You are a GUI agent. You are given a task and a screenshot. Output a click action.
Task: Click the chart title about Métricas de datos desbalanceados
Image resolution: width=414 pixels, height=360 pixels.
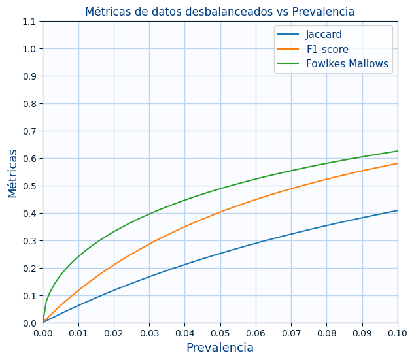tap(220, 12)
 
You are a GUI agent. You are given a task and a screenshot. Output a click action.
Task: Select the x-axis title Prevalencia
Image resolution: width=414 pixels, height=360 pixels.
tap(220, 348)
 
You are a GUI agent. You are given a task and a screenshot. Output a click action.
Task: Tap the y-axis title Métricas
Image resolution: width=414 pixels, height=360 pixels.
tap(13, 172)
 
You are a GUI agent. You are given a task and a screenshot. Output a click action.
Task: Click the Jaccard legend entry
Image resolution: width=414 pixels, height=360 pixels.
tap(324, 35)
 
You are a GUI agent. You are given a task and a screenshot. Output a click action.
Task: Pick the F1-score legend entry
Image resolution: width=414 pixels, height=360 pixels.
tap(327, 49)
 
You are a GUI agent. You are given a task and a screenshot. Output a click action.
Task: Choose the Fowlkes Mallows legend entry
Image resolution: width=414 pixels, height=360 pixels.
tap(347, 64)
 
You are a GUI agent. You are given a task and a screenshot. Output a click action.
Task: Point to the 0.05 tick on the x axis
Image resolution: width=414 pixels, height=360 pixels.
tap(220, 333)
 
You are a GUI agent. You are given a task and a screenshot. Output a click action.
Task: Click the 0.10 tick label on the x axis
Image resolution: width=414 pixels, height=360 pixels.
tap(398, 333)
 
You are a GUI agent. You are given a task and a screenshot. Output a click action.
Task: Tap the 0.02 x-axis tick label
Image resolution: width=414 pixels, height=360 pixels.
tap(114, 333)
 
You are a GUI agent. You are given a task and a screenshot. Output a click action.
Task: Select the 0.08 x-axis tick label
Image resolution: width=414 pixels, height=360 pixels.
tap(326, 333)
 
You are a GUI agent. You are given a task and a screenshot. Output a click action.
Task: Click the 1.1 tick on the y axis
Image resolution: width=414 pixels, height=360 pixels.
tap(29, 22)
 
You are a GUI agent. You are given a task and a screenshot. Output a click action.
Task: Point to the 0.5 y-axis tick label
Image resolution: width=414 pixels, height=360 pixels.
tap(29, 186)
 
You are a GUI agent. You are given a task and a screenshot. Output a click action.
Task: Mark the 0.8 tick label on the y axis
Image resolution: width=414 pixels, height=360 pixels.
tap(29, 104)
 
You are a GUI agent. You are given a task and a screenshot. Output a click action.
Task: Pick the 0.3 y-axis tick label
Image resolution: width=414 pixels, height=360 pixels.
tap(29, 241)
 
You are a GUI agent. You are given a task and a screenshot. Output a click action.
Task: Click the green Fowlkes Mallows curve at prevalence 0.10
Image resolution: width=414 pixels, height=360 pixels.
tap(397, 151)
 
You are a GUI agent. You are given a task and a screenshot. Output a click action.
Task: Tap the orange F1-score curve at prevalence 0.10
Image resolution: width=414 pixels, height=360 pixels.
tap(397, 163)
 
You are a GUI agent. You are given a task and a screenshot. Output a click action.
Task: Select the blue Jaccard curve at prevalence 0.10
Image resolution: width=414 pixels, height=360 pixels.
tap(397, 210)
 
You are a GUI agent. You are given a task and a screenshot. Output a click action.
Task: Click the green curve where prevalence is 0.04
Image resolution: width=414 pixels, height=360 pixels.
tap(184, 200)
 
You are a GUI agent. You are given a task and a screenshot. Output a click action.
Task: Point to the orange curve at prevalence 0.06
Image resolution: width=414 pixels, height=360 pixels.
tap(256, 199)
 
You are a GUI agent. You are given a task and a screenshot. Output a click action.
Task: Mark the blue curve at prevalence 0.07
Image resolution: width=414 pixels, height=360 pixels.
tap(291, 234)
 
